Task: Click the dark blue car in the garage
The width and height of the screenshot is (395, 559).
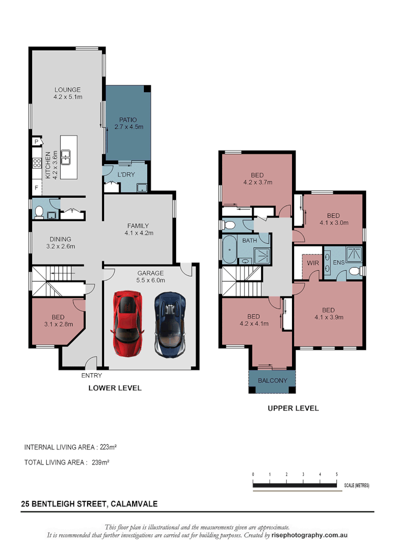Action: tap(170, 323)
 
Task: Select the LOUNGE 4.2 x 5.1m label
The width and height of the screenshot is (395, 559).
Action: tap(68, 93)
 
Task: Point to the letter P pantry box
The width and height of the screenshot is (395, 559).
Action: tap(37, 141)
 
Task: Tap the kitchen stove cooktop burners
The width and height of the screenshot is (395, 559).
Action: tap(37, 164)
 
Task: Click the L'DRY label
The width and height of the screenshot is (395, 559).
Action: tap(126, 174)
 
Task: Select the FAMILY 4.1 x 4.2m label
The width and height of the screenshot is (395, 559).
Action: tap(138, 229)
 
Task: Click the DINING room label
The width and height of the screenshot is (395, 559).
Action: tap(61, 243)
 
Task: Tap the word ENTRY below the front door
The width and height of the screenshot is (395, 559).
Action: tap(92, 376)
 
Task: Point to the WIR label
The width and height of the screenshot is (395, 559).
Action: tap(313, 263)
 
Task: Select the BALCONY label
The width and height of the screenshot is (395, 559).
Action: tap(272, 380)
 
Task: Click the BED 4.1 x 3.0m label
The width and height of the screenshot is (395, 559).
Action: tap(333, 219)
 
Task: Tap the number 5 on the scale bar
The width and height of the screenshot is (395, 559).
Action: tap(337, 474)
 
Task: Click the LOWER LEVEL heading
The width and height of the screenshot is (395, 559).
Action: tap(115, 388)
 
